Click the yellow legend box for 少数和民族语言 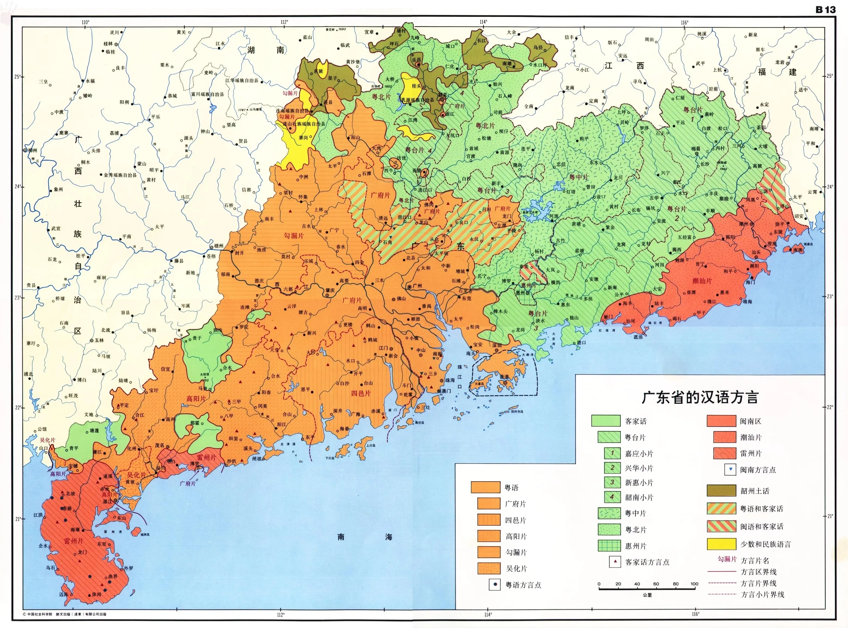pyautogui.click(x=721, y=544)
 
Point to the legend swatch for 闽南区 pyautogui.click(x=721, y=421)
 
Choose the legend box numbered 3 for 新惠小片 pyautogui.click(x=612, y=482)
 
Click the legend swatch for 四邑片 pyautogui.click(x=489, y=520)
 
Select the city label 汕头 pyautogui.click(x=756, y=252)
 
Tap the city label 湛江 pyautogui.click(x=107, y=501)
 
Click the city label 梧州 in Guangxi pyautogui.click(x=219, y=246)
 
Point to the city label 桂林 pyautogui.click(x=108, y=44)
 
